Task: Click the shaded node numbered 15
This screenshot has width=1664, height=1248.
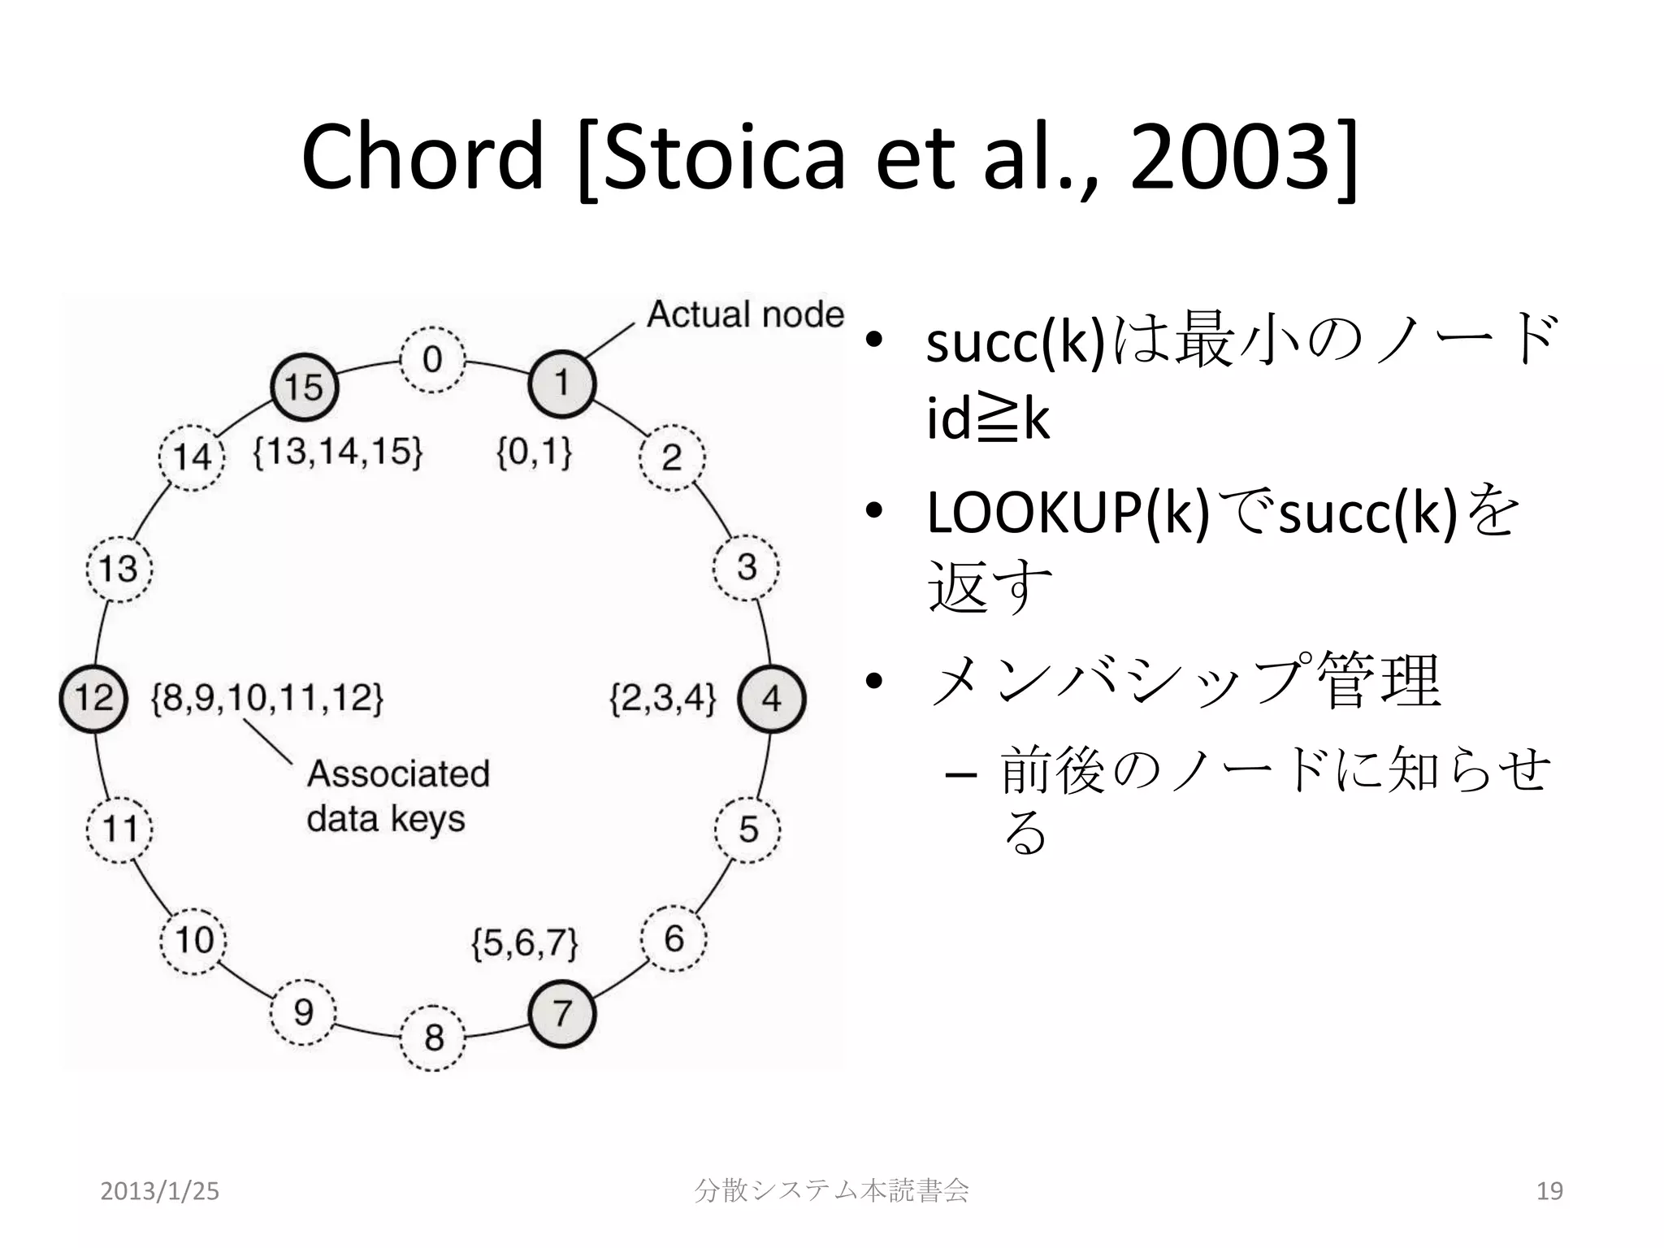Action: (304, 388)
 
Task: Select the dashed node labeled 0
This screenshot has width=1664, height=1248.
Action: (432, 360)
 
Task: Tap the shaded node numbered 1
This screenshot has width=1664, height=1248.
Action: (561, 383)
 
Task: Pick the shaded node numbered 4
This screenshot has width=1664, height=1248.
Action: (771, 699)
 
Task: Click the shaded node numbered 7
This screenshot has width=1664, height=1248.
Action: (561, 1014)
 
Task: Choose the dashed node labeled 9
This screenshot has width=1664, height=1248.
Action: (303, 1012)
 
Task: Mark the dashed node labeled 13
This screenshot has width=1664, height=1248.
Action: (119, 569)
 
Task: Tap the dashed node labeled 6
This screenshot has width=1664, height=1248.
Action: (674, 939)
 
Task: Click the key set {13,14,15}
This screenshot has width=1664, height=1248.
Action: (338, 452)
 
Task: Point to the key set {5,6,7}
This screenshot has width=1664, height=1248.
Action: (525, 943)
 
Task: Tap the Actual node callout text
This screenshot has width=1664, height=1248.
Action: (745, 314)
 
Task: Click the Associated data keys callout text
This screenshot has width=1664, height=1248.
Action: (397, 796)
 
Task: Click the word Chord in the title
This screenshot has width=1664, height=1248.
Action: (422, 156)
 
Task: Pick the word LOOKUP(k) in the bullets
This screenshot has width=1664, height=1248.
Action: (1068, 514)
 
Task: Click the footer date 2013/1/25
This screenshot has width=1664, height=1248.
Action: (159, 1191)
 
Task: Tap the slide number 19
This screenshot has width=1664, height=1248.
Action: (1549, 1191)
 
